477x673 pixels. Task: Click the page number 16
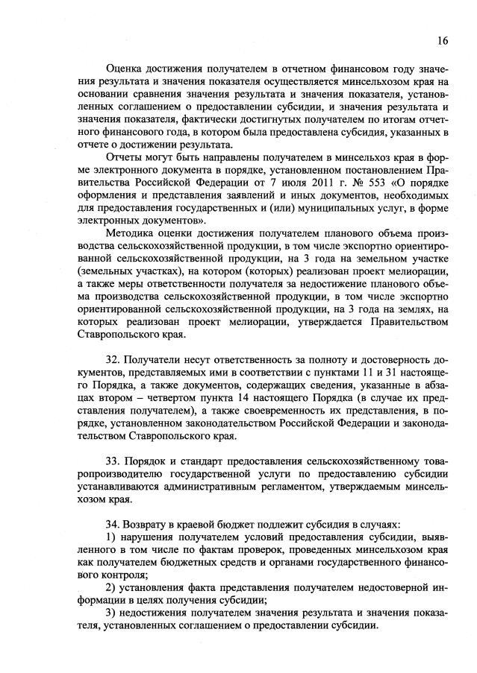pos(443,40)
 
